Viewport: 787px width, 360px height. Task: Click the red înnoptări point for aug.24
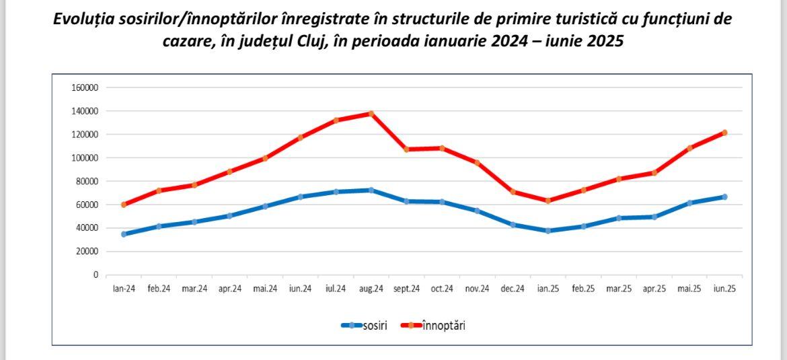click(x=371, y=113)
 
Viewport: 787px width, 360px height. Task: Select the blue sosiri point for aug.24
click(x=371, y=190)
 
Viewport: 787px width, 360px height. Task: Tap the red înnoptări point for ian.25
click(x=548, y=201)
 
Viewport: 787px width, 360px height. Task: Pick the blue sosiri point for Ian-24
click(x=124, y=234)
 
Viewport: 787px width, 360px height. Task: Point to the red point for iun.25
click(x=724, y=133)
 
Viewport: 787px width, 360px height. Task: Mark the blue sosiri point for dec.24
click(x=513, y=225)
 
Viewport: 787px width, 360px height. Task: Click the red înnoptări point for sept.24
click(x=406, y=149)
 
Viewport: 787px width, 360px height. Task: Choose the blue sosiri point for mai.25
click(x=689, y=203)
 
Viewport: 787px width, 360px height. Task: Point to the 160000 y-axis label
click(x=85, y=87)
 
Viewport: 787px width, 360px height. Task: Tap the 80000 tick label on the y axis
click(x=87, y=181)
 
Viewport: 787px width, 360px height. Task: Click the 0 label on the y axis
click(x=96, y=275)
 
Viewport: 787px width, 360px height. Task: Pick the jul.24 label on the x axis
click(x=336, y=289)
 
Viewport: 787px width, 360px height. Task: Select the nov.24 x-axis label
click(x=477, y=289)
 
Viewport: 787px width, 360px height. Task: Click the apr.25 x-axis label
click(x=654, y=289)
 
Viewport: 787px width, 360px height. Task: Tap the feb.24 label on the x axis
click(x=159, y=289)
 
